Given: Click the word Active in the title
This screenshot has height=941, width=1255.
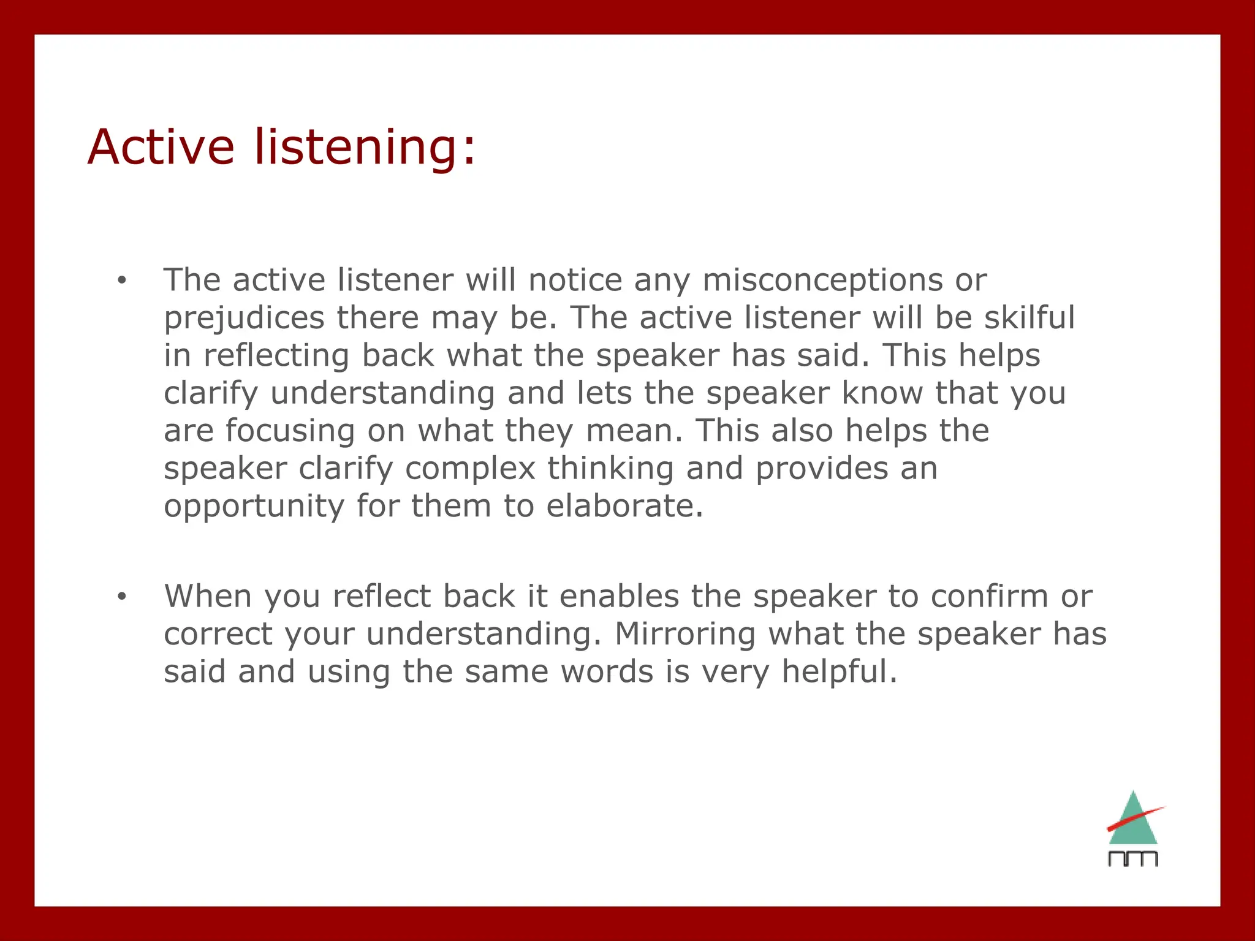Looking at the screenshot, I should [x=161, y=147].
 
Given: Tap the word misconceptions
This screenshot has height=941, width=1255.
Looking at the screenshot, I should [x=822, y=281].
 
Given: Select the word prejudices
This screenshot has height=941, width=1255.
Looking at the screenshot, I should [x=244, y=319].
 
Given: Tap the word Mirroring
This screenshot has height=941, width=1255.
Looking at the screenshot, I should [x=684, y=634].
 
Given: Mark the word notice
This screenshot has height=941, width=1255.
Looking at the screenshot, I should [x=575, y=281].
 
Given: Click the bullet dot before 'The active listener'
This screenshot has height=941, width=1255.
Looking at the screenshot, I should [x=122, y=281].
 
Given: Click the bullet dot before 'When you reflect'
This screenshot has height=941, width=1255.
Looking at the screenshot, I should [x=122, y=597].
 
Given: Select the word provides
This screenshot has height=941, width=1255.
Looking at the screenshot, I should [x=821, y=469].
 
